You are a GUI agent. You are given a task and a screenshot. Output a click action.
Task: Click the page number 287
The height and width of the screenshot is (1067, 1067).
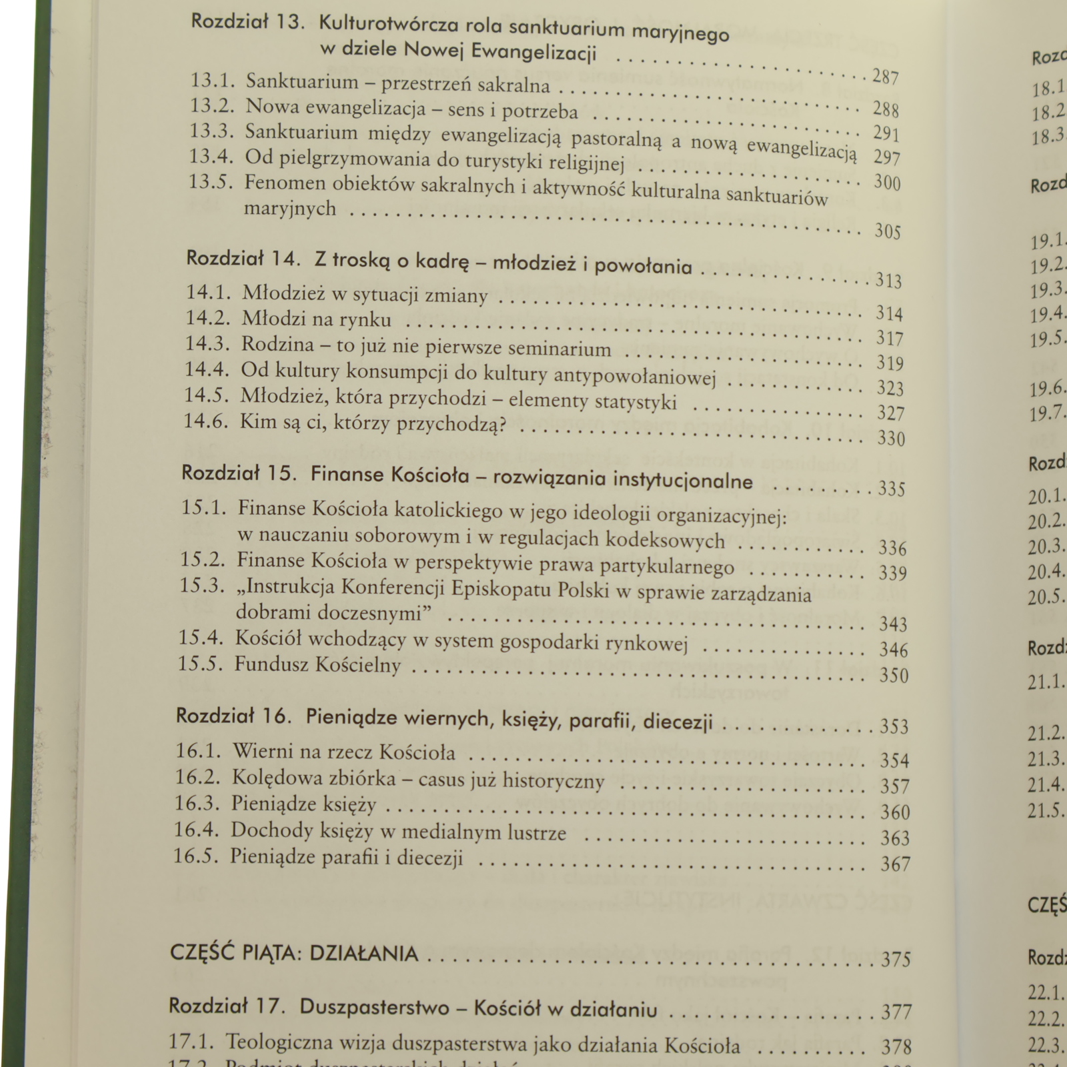pyautogui.click(x=886, y=77)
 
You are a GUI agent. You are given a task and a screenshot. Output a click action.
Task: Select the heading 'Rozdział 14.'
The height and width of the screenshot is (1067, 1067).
pyautogui.click(x=244, y=259)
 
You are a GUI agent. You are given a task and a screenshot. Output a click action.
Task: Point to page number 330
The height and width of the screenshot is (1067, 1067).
pyautogui.click(x=892, y=439)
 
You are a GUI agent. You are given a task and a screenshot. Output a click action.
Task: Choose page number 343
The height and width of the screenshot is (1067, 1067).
pyautogui.click(x=893, y=624)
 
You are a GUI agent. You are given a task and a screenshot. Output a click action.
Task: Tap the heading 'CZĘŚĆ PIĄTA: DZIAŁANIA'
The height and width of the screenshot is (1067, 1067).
pyautogui.click(x=294, y=953)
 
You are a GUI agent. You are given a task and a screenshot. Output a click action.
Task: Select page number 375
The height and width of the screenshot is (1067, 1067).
pyautogui.click(x=896, y=959)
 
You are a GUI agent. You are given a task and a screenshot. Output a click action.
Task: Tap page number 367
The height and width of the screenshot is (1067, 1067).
pyautogui.click(x=895, y=864)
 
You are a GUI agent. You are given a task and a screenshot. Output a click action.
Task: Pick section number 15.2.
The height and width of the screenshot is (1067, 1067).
pyautogui.click(x=202, y=561)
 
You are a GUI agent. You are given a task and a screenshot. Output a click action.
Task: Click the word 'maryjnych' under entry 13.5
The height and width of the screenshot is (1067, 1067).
pyautogui.click(x=289, y=209)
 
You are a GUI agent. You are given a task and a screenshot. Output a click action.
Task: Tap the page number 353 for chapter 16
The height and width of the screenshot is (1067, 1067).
pyautogui.click(x=894, y=726)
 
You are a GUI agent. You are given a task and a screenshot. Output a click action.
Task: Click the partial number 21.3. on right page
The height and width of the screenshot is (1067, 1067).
pyautogui.click(x=1046, y=760)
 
